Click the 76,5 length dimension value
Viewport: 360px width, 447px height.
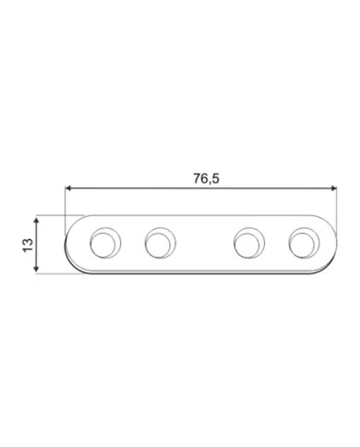(x=206, y=178)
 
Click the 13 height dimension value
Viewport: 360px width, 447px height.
(x=28, y=245)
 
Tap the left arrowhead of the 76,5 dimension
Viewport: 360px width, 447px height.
(x=68, y=188)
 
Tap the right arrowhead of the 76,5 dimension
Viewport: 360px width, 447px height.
(x=333, y=188)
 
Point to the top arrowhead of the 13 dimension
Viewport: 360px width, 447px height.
(x=36, y=221)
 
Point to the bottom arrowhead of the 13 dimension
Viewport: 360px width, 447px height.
(x=36, y=269)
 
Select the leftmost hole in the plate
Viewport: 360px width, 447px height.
(x=105, y=243)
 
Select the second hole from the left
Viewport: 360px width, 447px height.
(x=160, y=243)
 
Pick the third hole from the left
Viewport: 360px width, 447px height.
(x=249, y=243)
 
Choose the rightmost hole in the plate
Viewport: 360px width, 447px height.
(x=304, y=243)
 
